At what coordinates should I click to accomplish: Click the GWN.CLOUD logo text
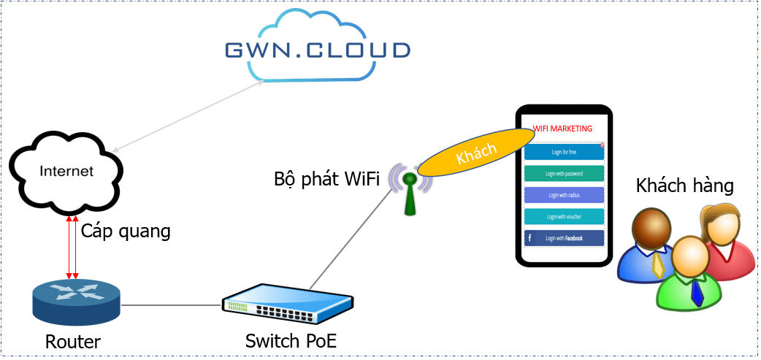click(x=317, y=50)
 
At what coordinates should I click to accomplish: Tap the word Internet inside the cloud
click(x=66, y=172)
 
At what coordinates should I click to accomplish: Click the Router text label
click(x=73, y=341)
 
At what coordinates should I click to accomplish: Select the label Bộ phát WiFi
click(x=326, y=179)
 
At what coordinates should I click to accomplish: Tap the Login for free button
click(x=564, y=152)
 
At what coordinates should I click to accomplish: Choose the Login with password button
click(x=564, y=174)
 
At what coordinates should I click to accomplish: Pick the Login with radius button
click(x=564, y=195)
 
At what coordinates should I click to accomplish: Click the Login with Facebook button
click(x=564, y=238)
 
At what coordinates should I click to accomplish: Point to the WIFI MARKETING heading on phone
click(x=562, y=129)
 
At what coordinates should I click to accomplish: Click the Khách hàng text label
click(x=684, y=185)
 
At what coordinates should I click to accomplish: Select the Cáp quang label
click(x=125, y=231)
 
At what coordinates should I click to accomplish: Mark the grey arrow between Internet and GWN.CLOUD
click(x=188, y=115)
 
